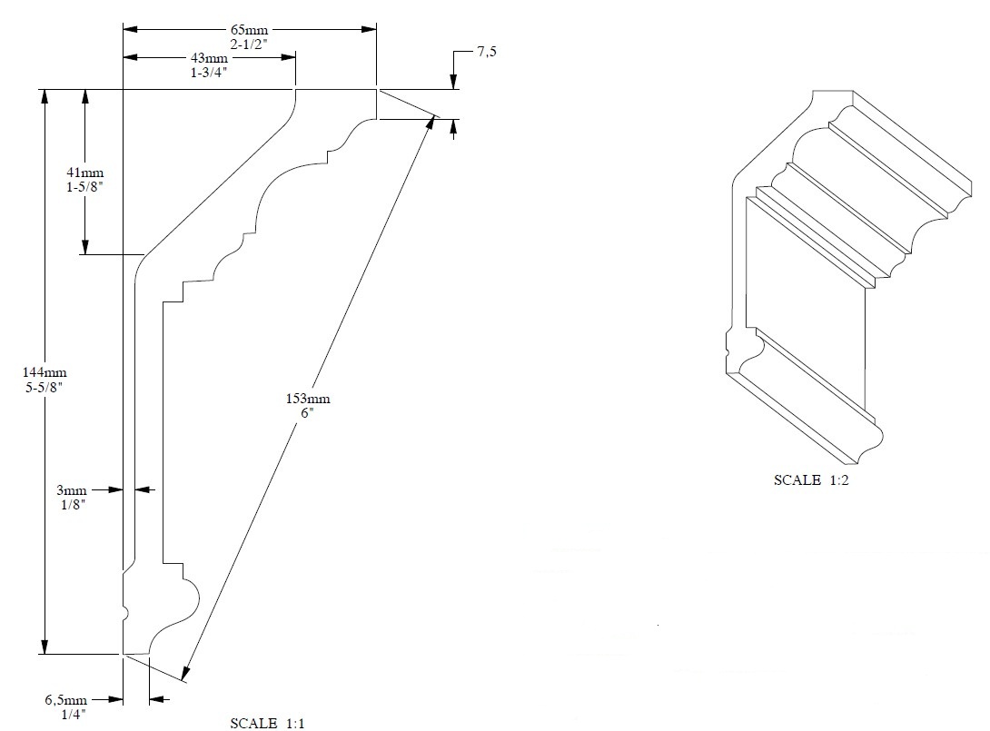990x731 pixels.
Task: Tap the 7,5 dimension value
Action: click(x=487, y=53)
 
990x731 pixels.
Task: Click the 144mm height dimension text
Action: click(x=45, y=372)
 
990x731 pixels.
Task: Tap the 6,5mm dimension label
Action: click(x=66, y=700)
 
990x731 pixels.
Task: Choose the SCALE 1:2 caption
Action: click(x=811, y=480)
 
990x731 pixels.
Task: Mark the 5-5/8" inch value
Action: click(x=45, y=386)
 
